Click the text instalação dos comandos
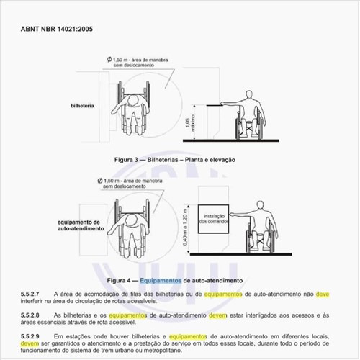211,218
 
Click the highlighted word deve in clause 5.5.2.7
323,294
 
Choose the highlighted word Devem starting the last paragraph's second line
30,343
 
